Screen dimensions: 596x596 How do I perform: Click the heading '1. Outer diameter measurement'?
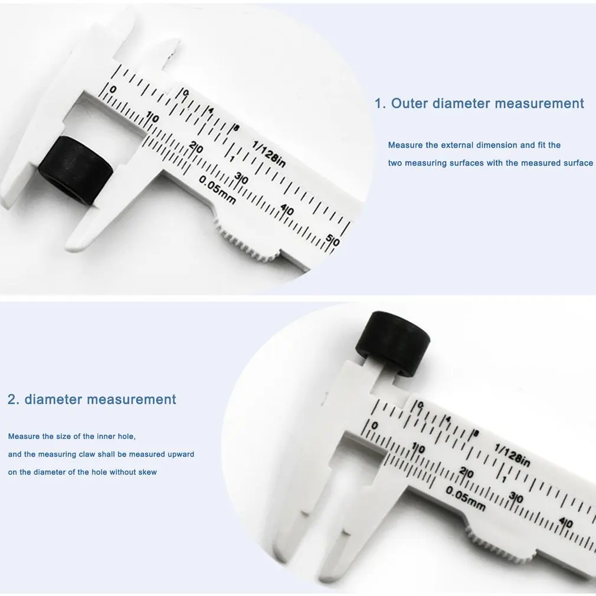click(x=479, y=104)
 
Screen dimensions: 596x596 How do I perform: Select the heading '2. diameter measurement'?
click(x=92, y=399)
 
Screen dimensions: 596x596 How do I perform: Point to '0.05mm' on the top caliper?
click(x=217, y=190)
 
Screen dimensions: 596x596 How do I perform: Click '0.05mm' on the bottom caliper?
click(x=466, y=499)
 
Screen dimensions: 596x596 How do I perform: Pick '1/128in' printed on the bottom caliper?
click(x=513, y=455)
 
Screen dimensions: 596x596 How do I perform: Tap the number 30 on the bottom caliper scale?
click(x=516, y=498)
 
